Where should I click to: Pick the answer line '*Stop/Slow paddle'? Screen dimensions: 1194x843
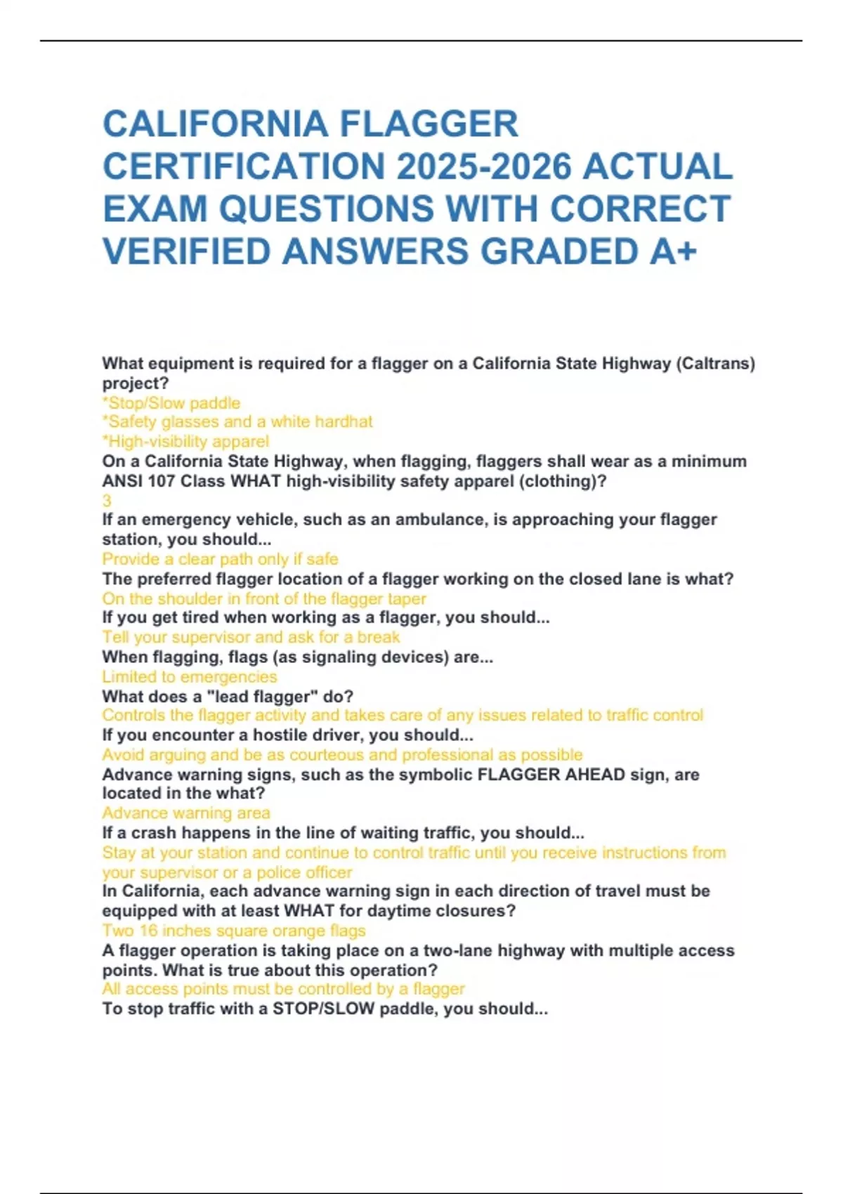(x=171, y=403)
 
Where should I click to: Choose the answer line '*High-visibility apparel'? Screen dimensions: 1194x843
(x=185, y=441)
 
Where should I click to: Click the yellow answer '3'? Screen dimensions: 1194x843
(x=107, y=501)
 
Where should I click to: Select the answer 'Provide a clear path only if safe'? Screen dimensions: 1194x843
(x=220, y=559)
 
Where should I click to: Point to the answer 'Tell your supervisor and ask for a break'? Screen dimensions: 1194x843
(x=251, y=637)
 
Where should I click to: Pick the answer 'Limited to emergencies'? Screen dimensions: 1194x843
(x=190, y=677)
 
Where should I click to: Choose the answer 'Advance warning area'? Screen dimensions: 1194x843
(x=186, y=813)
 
